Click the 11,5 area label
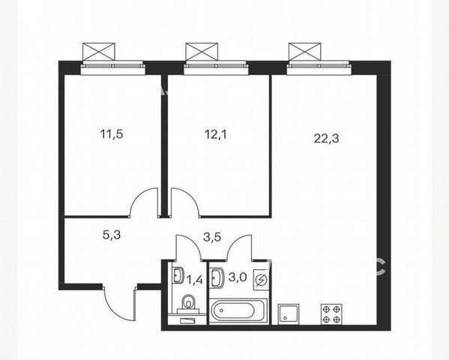point(112,134)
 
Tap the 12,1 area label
point(216,134)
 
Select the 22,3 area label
point(326,139)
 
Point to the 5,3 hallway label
point(112,235)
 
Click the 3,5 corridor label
point(212,237)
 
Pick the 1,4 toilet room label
point(194,279)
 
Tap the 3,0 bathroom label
point(238,277)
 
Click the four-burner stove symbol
point(331,314)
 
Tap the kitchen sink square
point(289,314)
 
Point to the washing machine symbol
point(261,280)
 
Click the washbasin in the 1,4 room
point(178,275)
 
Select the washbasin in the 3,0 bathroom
point(217,277)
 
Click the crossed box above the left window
point(99,52)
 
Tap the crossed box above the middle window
point(202,52)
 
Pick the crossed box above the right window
point(304,52)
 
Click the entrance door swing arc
point(115,310)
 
